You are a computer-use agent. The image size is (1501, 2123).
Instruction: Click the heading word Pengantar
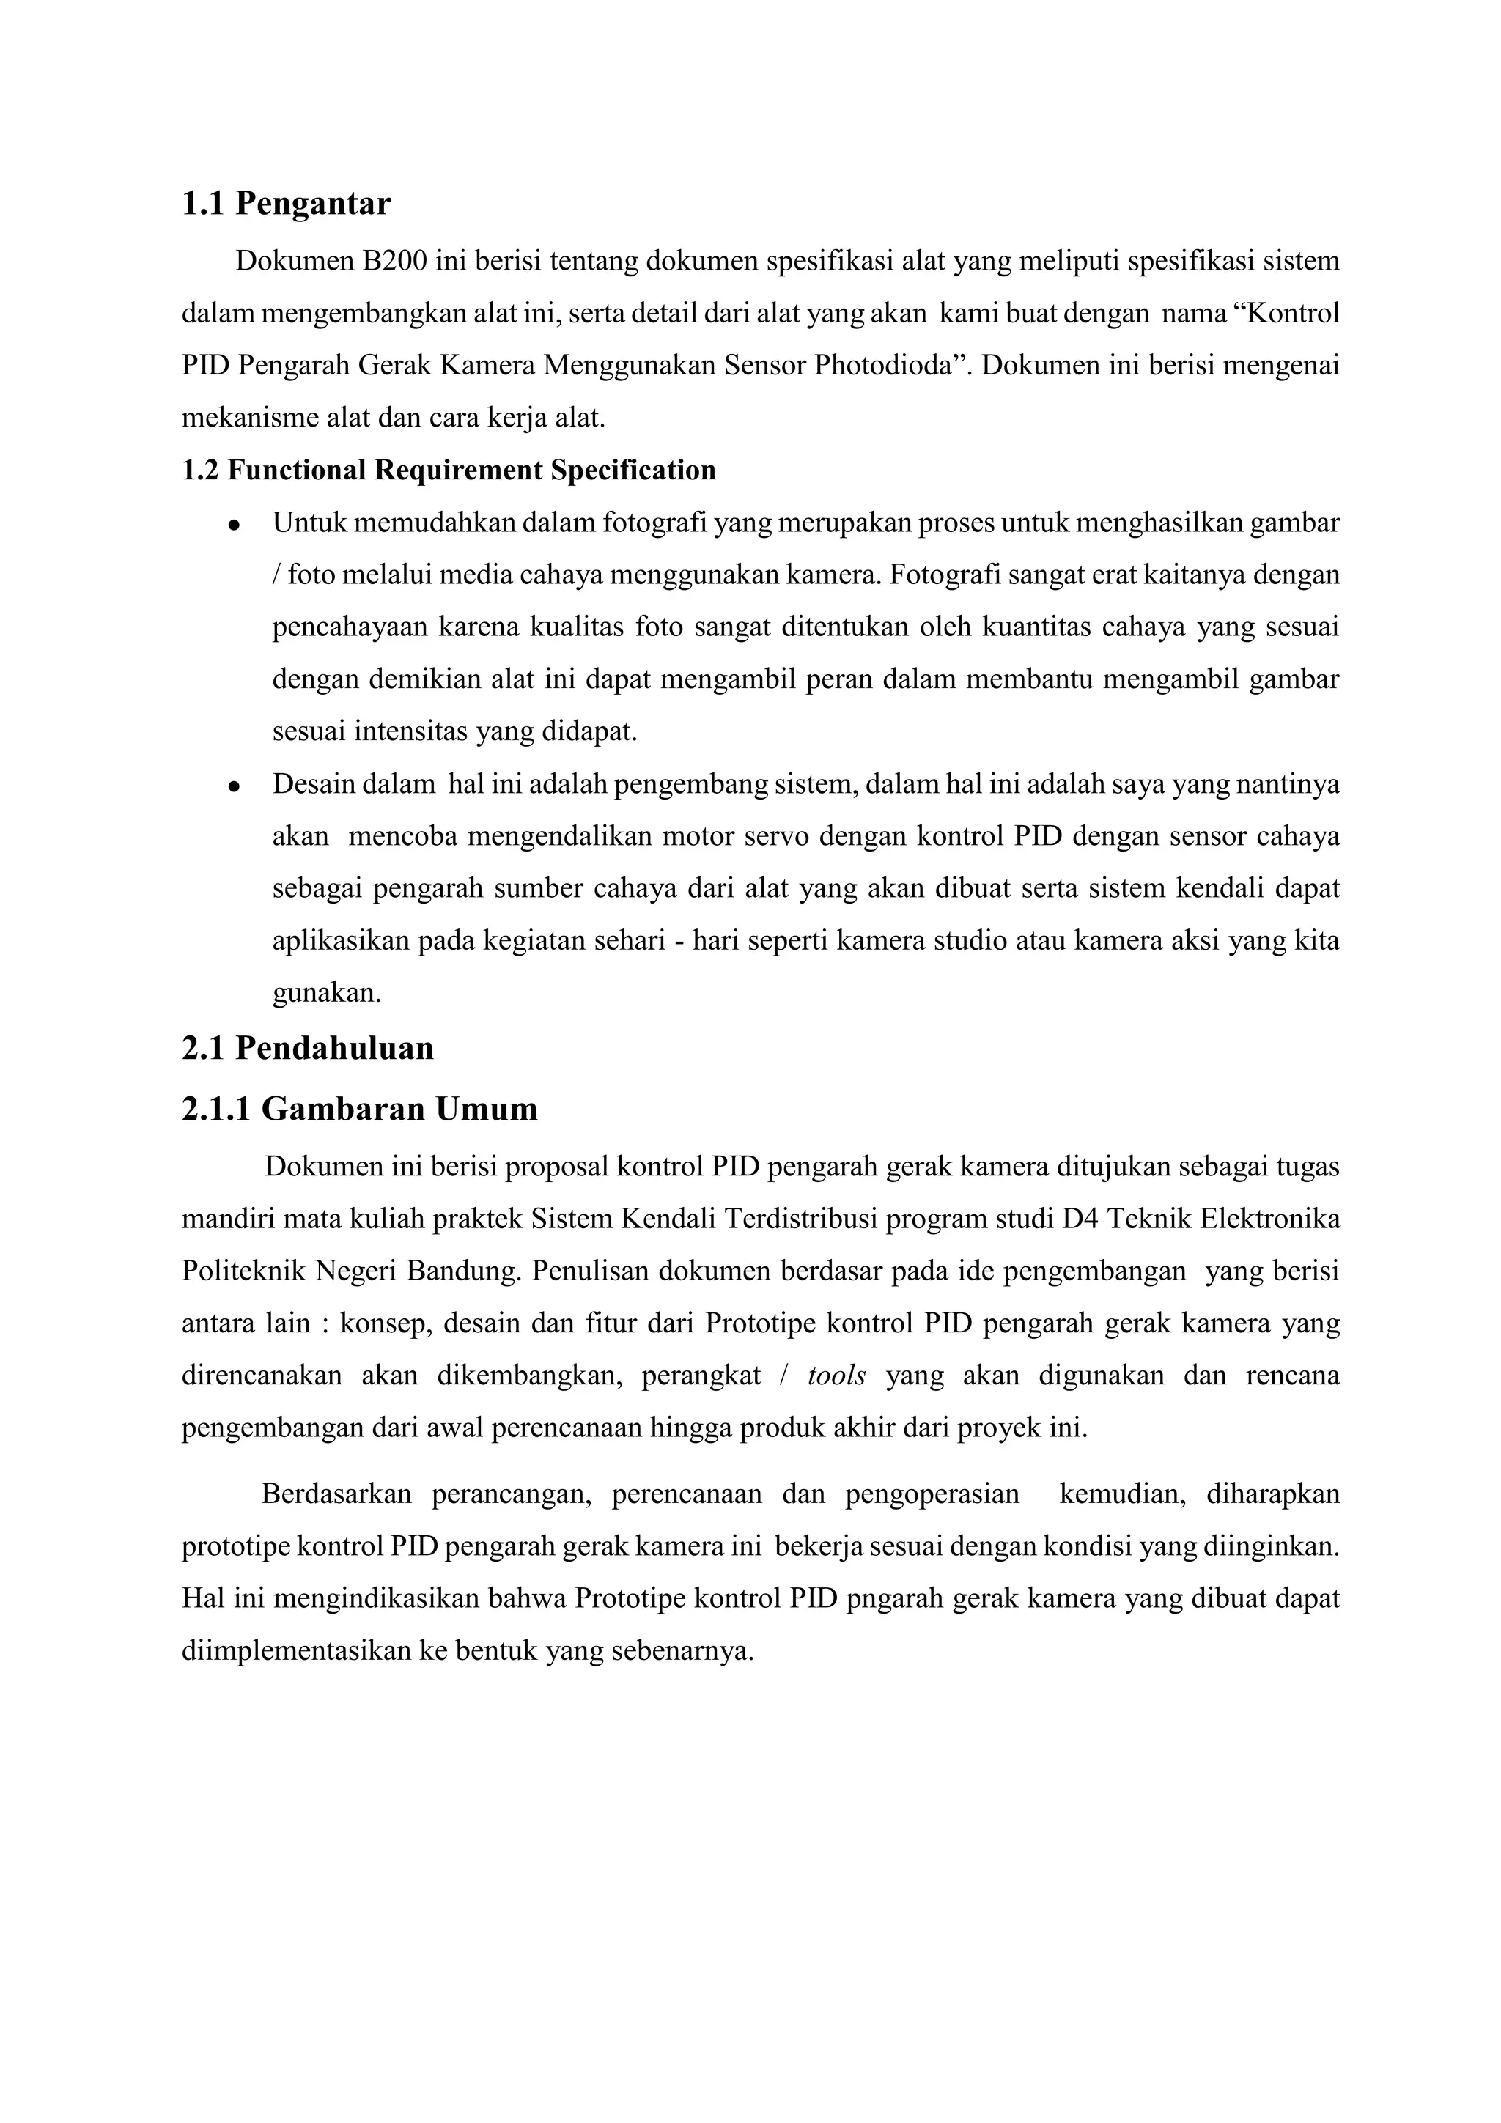pos(313,204)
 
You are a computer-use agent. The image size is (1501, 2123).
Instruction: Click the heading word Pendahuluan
pos(334,1049)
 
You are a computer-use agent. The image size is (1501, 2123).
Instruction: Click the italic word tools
pos(836,1376)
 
